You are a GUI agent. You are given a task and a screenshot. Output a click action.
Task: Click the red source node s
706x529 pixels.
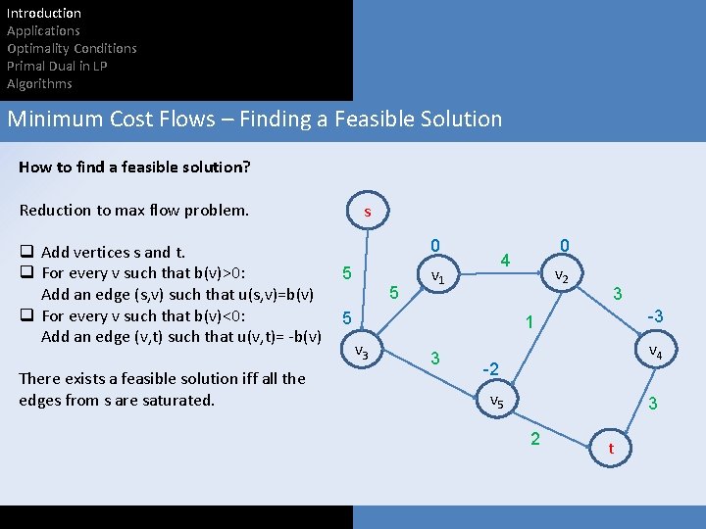pos(368,211)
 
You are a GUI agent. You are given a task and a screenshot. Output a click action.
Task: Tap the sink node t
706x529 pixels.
pos(612,448)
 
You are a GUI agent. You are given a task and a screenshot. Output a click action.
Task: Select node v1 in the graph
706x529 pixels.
pos(438,278)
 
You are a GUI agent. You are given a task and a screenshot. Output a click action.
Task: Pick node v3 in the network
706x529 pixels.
pos(361,352)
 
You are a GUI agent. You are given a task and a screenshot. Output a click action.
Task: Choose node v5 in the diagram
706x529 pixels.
pos(497,402)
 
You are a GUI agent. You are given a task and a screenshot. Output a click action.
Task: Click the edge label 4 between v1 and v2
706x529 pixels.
pos(504,261)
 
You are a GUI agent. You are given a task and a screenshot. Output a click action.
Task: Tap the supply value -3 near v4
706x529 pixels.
pos(654,316)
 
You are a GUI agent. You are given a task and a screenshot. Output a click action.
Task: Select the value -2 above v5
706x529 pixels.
pos(491,369)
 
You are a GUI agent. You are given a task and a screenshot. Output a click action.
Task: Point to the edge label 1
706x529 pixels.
pos(528,322)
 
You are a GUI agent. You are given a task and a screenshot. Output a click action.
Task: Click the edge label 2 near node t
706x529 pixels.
pos(534,438)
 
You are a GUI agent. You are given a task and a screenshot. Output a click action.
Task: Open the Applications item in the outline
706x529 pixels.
pos(43,31)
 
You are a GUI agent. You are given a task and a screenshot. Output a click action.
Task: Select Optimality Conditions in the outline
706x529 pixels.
pos(72,49)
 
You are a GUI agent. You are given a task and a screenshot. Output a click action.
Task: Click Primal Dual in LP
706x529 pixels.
pos(57,67)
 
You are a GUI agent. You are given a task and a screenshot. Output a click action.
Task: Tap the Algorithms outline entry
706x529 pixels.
pos(39,84)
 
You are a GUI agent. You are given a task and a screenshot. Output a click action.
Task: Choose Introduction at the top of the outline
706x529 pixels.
pos(44,14)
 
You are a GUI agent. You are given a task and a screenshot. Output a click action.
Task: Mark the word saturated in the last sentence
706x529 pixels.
pos(176,400)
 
